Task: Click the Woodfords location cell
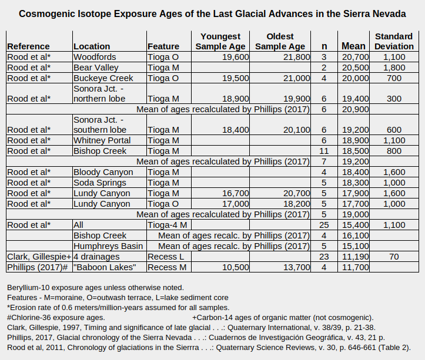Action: (x=95, y=57)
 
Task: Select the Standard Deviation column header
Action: (x=393, y=41)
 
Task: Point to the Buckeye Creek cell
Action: (x=103, y=78)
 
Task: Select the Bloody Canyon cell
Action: (x=103, y=172)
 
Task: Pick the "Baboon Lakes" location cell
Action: (x=102, y=267)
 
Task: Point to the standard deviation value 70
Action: (x=394, y=257)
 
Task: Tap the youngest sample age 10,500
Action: (x=235, y=267)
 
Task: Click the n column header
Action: (x=324, y=46)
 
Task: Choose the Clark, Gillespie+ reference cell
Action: (x=39, y=257)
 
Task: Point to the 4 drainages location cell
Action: (x=98, y=257)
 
